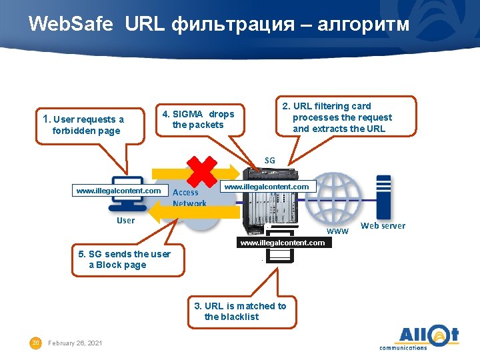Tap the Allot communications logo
pos(420,337)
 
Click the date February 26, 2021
pos(76,343)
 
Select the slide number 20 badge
pos(37,343)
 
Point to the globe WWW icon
pos(339,197)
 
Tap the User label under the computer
pos(125,221)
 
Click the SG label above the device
pos(269,160)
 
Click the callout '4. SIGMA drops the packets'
pos(198,119)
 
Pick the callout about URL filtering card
pos(342,117)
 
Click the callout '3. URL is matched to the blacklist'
pos(240,311)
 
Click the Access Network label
pos(189,197)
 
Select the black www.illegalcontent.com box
pos(282,243)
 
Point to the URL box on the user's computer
pos(119,191)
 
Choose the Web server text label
pos(383,226)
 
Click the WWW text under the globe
pos(338,231)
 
